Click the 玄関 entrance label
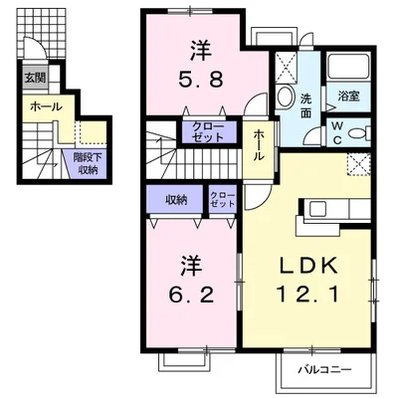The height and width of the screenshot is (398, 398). (34, 77)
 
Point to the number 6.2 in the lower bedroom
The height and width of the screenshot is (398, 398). (192, 296)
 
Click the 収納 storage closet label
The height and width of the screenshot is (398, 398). (176, 200)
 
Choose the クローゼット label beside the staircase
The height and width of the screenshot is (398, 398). (208, 133)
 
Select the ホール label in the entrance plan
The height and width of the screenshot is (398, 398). (46, 106)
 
